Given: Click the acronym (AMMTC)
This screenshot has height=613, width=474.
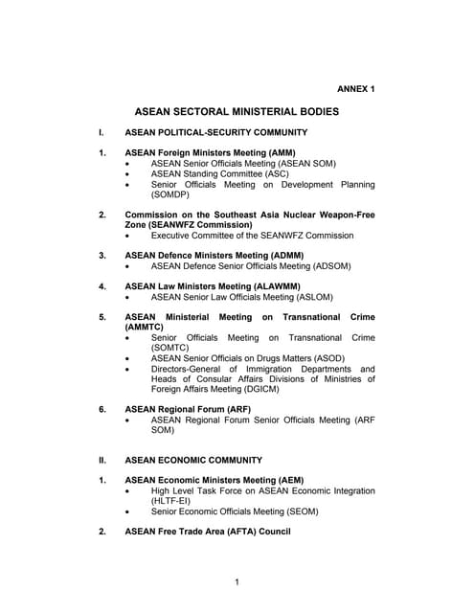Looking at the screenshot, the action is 147,328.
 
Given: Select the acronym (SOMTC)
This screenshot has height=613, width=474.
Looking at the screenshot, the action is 171,349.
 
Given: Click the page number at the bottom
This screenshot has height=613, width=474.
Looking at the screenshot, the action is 237,581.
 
